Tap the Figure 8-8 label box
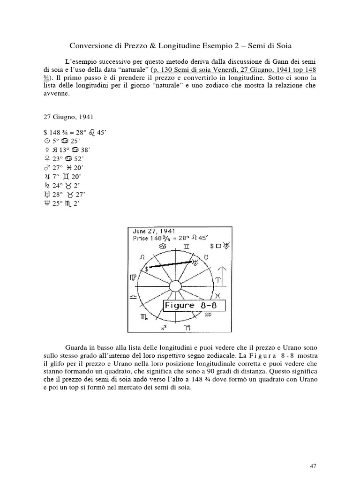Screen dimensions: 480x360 point(194,305)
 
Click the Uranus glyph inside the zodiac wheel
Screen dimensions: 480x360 point(195,262)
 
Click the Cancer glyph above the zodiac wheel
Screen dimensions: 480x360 point(163,246)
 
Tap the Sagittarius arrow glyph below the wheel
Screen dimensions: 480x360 point(164,328)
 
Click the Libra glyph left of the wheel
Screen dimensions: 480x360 point(134,298)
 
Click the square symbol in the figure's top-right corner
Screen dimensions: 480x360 point(219,245)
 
